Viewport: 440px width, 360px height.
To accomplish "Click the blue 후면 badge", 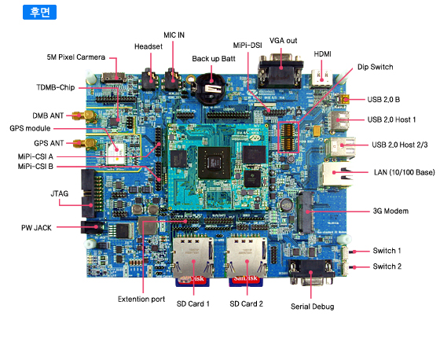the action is click(x=39, y=12).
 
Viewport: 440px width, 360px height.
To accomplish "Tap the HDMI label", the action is click(x=322, y=54).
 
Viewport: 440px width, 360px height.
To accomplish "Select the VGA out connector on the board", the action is click(x=280, y=70).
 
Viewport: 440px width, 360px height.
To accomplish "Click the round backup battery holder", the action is click(x=211, y=87).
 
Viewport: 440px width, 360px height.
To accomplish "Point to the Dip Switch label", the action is click(x=376, y=67).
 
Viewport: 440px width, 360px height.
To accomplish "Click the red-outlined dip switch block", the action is click(x=288, y=137).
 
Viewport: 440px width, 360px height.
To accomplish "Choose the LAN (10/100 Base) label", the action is click(x=405, y=172).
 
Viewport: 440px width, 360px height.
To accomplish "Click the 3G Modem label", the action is click(x=390, y=211).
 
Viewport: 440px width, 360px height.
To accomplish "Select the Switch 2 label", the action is click(x=387, y=266).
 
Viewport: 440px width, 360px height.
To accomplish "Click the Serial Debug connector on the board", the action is click(x=311, y=272).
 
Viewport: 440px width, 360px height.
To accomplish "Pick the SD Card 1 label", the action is click(x=193, y=304).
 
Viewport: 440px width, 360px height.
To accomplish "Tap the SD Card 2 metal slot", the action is click(x=247, y=258).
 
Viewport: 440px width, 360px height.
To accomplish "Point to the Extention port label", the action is click(x=141, y=299).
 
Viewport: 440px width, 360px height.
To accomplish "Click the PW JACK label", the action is click(x=36, y=228).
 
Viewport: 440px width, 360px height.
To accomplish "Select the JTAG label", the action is click(x=60, y=194).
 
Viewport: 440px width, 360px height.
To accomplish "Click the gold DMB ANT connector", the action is click(x=85, y=116).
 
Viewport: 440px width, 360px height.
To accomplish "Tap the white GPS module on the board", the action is click(x=116, y=153).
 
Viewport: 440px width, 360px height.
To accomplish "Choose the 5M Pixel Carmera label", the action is click(x=76, y=57).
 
